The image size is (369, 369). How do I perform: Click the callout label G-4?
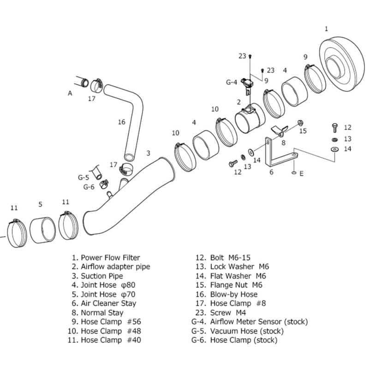point(231,82)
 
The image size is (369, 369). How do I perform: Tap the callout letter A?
point(70,93)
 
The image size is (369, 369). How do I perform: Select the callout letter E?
point(302,174)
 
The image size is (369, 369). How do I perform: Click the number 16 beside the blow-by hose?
point(121,122)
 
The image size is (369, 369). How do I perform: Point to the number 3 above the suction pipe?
point(148,153)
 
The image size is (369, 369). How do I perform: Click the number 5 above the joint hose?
point(40,204)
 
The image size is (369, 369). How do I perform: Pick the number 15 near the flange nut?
point(303,131)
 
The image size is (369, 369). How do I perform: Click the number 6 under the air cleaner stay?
point(271,172)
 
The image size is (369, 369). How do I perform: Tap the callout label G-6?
point(89,187)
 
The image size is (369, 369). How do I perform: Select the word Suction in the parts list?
point(94,276)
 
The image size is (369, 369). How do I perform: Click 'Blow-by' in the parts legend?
point(224,294)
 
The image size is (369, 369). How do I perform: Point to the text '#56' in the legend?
point(134,322)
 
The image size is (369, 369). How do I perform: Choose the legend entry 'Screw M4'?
point(226,313)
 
